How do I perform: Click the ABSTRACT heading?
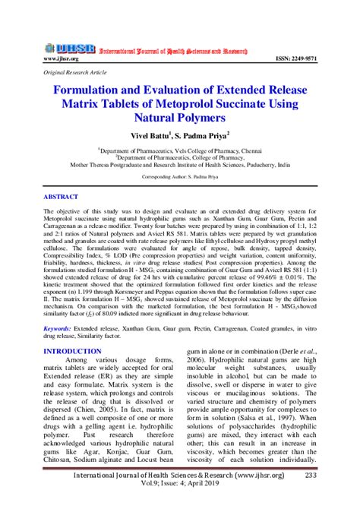coord(61,197)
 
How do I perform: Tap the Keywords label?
coord(58,328)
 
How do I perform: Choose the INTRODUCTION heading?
coord(73,351)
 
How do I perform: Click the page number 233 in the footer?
coord(331,476)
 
